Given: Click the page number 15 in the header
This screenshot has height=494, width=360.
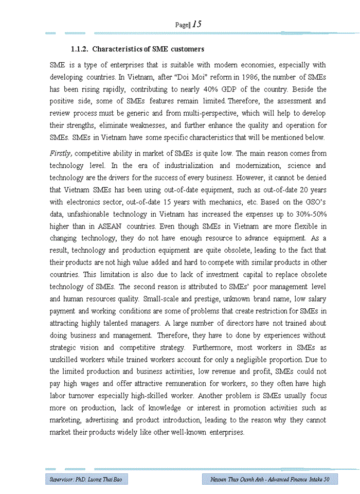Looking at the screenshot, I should [x=196, y=24].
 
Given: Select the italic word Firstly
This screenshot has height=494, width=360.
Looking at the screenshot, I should [x=61, y=153].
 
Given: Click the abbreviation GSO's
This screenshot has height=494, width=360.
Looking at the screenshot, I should [x=313, y=202].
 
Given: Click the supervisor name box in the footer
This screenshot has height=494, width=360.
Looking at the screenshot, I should [x=85, y=480].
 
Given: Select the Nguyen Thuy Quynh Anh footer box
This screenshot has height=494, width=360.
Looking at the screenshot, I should [x=270, y=480].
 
